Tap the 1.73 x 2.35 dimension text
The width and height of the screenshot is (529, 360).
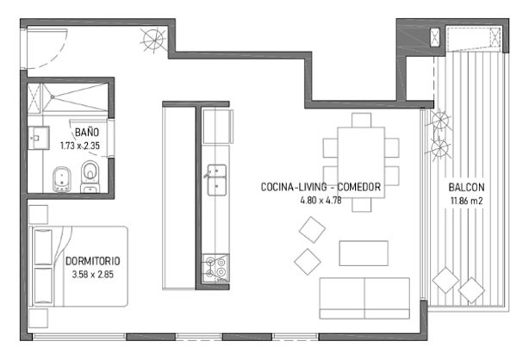pyautogui.click(x=80, y=146)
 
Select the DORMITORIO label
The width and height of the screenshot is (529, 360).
pyautogui.click(x=93, y=261)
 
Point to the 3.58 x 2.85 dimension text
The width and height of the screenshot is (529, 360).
pyautogui.click(x=93, y=274)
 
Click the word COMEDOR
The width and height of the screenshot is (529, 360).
pyautogui.click(x=359, y=187)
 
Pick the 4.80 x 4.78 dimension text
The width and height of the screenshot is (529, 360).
pyautogui.click(x=321, y=200)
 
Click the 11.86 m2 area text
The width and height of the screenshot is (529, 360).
pyautogui.click(x=467, y=201)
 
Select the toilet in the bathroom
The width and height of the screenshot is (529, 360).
pyautogui.click(x=90, y=177)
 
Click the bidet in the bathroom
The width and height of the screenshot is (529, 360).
pyautogui.click(x=62, y=179)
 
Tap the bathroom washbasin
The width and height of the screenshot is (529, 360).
pyautogui.click(x=38, y=138)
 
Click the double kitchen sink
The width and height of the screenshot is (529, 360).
pyautogui.click(x=216, y=180)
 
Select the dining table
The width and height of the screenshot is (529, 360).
pyautogui.click(x=361, y=162)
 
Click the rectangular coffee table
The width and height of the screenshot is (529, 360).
pyautogui.click(x=364, y=253)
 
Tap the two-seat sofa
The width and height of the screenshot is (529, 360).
pyautogui.click(x=364, y=298)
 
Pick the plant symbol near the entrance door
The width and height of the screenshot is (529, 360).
pyautogui.click(x=154, y=40)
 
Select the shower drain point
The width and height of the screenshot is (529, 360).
pyautogui.click(x=53, y=96)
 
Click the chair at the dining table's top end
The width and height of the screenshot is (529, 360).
pyautogui.click(x=361, y=120)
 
